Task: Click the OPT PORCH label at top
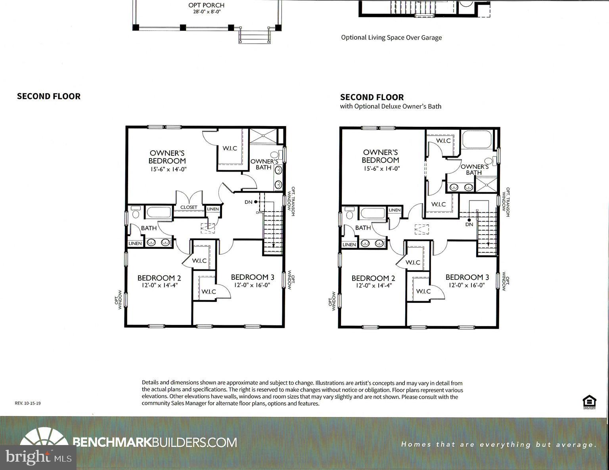[x=206, y=5]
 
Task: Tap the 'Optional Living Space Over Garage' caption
[x=391, y=38]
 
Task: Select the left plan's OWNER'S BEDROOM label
[x=167, y=157]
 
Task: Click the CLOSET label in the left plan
[x=189, y=207]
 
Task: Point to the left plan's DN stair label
[x=248, y=202]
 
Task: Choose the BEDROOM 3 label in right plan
[x=467, y=277]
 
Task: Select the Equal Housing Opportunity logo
[x=589, y=401]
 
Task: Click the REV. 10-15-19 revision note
[x=28, y=403]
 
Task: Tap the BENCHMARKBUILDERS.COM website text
[x=155, y=442]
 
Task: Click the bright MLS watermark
[x=38, y=457]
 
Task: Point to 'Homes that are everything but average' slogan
[x=499, y=445]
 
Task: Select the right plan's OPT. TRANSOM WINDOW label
[x=506, y=202]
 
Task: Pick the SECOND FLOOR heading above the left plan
[x=49, y=96]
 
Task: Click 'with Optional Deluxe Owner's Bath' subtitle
[x=391, y=106]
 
